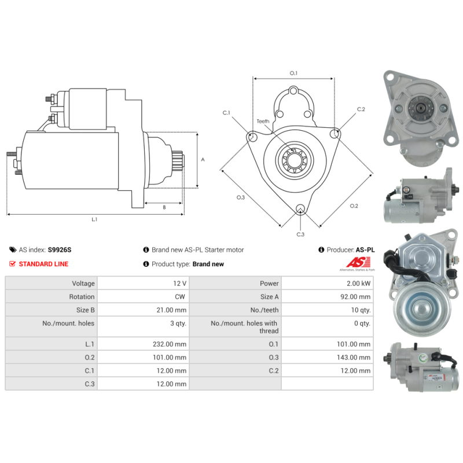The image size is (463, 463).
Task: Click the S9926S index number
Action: (x=60, y=250)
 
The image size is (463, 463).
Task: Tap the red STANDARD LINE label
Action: (x=43, y=264)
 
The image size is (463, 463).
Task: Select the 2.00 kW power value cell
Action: (x=358, y=284)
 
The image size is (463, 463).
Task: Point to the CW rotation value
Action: (x=181, y=297)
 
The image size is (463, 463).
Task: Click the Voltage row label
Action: (x=83, y=284)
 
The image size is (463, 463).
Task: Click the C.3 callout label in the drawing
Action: (x=300, y=234)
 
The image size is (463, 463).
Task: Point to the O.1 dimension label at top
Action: (x=293, y=73)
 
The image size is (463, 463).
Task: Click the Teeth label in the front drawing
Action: (x=263, y=122)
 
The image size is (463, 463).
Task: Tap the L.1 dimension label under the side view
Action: (x=94, y=219)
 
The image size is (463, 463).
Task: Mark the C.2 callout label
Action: (x=361, y=109)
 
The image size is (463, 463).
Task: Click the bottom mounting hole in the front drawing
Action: (x=300, y=210)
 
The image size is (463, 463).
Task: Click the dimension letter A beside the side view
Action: (x=203, y=159)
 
